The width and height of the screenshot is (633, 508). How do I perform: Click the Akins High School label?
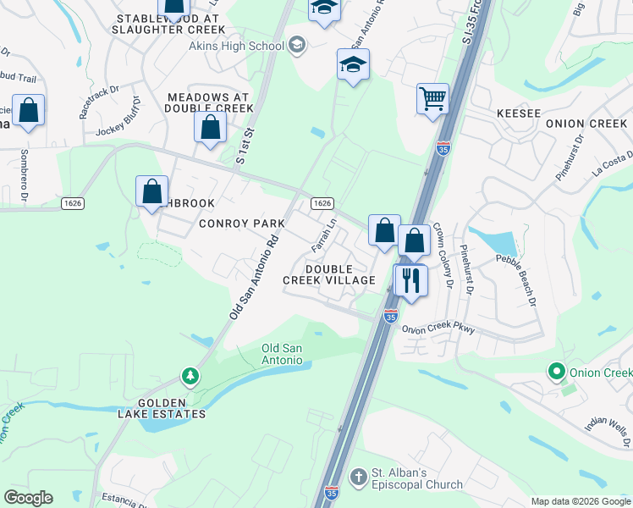(x=246, y=45)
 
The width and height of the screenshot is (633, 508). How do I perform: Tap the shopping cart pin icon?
(x=432, y=98)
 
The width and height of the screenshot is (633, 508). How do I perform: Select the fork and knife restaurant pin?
(x=410, y=279)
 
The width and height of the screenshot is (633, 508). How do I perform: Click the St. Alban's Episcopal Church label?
(x=419, y=478)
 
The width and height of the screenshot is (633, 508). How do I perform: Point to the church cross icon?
(x=358, y=478)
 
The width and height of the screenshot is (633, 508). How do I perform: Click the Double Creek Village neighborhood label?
(x=340, y=274)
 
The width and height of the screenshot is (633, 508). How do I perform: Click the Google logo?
(x=28, y=498)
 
